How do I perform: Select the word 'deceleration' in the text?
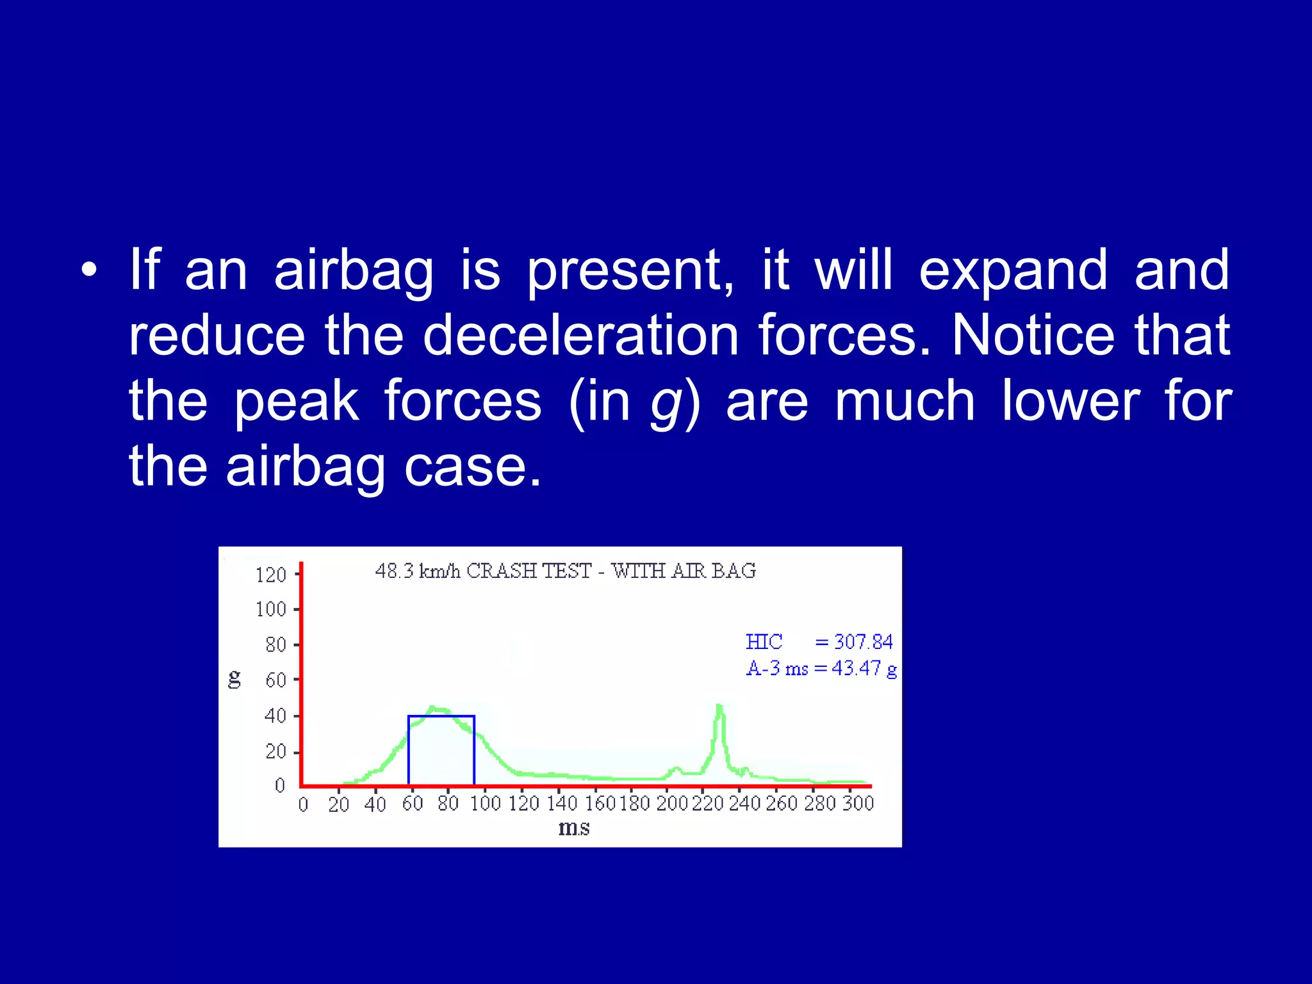580,336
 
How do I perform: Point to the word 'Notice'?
1033,336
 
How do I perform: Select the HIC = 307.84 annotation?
819,642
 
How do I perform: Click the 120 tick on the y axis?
271,575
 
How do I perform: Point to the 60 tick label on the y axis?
276,680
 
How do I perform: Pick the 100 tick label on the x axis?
485,803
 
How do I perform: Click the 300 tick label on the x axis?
858,803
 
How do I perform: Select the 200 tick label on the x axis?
672,803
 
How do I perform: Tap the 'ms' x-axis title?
573,828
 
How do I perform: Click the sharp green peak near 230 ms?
719,707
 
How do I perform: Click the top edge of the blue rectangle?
441,716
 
